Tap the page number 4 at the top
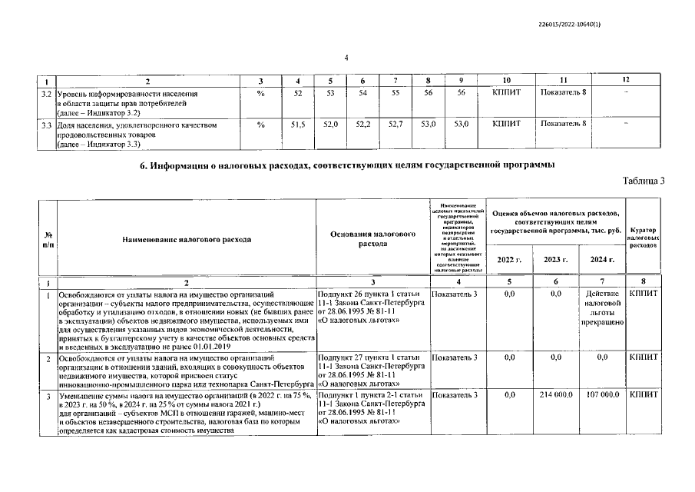[346, 58]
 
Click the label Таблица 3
[643, 180]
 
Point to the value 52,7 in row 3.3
[395, 123]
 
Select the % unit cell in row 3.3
[261, 123]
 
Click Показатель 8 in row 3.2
[564, 93]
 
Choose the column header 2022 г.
[509, 260]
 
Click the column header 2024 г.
[601, 260]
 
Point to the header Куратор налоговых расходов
[644, 236]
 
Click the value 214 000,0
[556, 395]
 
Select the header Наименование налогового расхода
[187, 238]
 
